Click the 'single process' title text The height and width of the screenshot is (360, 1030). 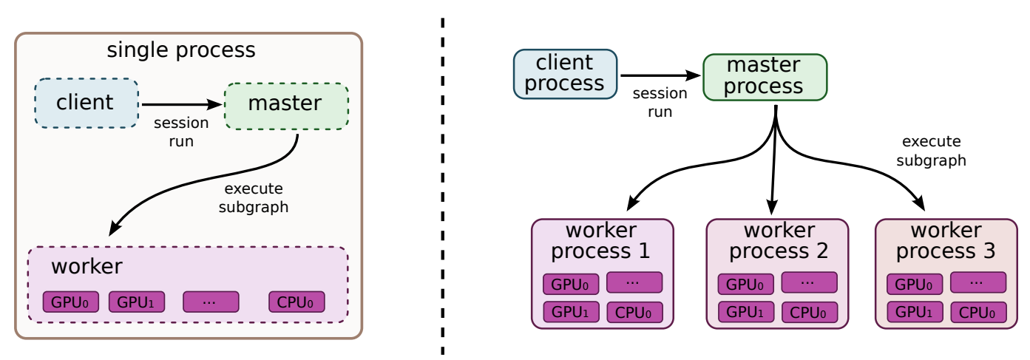point(181,50)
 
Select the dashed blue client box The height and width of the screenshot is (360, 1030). point(86,103)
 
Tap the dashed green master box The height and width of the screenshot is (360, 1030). point(285,106)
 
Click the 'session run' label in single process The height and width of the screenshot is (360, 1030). point(181,132)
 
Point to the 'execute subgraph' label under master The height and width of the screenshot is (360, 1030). point(253,198)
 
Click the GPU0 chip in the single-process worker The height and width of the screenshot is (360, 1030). point(70,302)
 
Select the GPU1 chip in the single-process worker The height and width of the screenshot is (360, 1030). point(137,302)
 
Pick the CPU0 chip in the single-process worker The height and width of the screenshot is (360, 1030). point(297,302)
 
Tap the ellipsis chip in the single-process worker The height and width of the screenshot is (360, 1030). point(211,302)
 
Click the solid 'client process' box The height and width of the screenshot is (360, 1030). point(565,73)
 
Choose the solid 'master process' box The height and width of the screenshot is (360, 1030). point(764,77)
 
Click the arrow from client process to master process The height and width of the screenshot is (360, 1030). point(660,75)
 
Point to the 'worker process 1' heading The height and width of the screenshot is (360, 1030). point(601,240)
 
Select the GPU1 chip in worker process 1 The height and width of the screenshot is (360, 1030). point(571,312)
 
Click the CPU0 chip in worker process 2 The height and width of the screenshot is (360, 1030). point(809,312)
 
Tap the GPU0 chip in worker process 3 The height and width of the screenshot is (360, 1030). point(914,284)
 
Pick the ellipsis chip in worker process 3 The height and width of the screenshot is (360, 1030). point(978,282)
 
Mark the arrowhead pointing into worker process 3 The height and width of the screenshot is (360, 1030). point(921,203)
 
